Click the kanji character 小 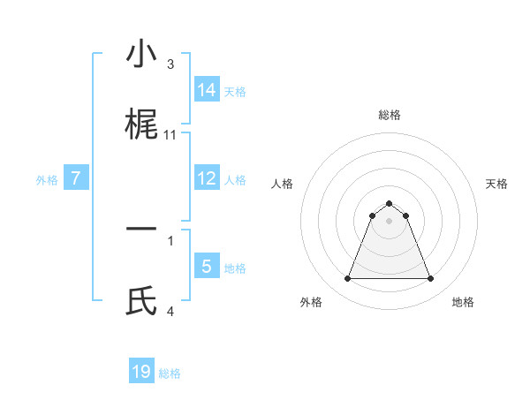tap(141, 55)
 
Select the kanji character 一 tap(141, 230)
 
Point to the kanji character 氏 tap(141, 301)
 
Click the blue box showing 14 tap(207, 89)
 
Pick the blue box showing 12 tap(207, 178)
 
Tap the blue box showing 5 tap(207, 266)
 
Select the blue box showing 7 tap(76, 178)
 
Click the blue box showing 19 tap(141, 372)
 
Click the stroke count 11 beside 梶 tap(170, 135)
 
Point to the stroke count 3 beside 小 tap(170, 64)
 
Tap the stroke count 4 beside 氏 tap(170, 311)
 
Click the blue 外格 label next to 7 tap(47, 179)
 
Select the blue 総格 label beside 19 tap(170, 373)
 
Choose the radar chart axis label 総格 tap(389, 115)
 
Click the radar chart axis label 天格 tap(497, 184)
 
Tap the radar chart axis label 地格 tap(463, 302)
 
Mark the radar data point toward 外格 tap(347, 279)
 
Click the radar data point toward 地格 tap(430, 279)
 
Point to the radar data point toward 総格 tap(389, 203)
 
